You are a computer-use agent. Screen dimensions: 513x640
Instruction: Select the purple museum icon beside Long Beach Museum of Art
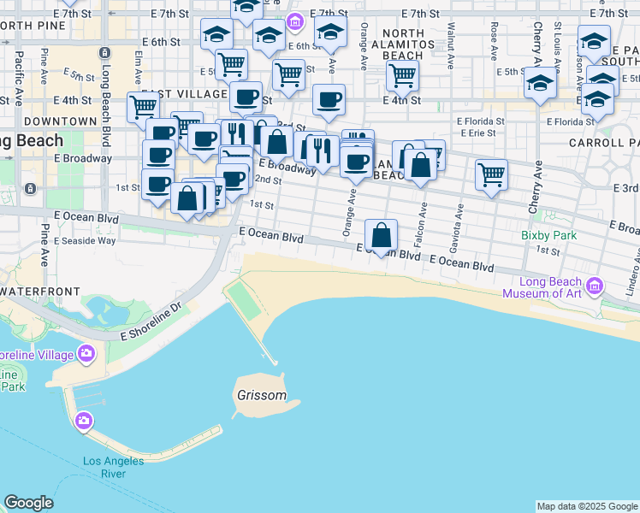pyautogui.click(x=596, y=285)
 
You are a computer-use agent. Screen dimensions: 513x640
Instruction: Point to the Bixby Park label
pyautogui.click(x=549, y=235)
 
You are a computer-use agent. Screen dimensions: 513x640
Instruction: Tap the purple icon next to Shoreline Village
pyautogui.click(x=86, y=353)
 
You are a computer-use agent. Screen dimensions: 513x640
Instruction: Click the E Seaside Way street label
pyautogui.click(x=85, y=241)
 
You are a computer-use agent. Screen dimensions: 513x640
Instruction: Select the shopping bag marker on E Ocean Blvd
pyautogui.click(x=382, y=234)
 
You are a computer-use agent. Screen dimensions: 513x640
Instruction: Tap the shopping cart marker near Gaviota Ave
pyautogui.click(x=491, y=174)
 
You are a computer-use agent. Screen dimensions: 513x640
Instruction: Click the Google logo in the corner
pyautogui.click(x=28, y=503)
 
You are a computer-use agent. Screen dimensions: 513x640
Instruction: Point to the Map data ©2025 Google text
pyautogui.click(x=586, y=506)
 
